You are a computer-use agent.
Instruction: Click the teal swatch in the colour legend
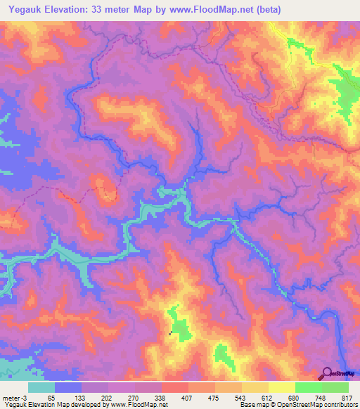[41, 388]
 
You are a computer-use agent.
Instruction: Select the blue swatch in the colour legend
[68, 388]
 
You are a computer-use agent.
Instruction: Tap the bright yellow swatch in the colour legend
[282, 388]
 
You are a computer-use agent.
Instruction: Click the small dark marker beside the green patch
[170, 332]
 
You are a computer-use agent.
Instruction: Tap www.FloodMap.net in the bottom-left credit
[143, 404]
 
